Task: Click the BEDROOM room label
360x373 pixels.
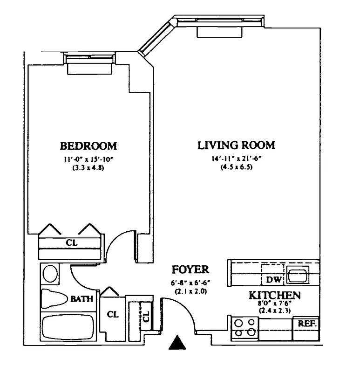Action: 88,145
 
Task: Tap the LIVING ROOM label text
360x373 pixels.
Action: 236,145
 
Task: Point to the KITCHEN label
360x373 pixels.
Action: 274,295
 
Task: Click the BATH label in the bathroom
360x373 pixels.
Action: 82,299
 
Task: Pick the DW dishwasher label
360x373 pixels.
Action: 272,280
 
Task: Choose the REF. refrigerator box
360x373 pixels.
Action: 306,323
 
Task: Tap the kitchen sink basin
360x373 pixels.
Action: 297,276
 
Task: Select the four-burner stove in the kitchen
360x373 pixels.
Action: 245,327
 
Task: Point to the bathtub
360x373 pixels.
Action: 68,328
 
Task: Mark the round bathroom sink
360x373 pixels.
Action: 50,274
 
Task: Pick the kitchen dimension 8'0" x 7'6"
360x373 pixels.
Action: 274,304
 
